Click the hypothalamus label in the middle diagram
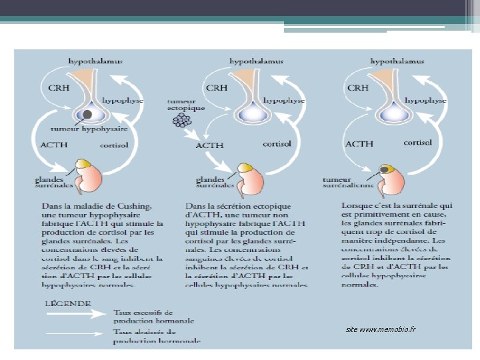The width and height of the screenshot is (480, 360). [256, 61]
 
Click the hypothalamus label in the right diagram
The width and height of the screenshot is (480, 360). [397, 61]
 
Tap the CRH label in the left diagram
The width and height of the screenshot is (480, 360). [59, 87]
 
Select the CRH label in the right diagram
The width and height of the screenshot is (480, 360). [357, 87]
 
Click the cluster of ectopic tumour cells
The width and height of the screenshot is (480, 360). [182, 121]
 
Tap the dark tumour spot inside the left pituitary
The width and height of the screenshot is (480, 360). [87, 115]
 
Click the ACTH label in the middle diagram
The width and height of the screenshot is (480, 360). [209, 145]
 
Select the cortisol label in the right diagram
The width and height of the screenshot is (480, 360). [417, 143]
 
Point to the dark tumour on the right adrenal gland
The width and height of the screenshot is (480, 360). [385, 169]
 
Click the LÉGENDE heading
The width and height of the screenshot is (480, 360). [67, 303]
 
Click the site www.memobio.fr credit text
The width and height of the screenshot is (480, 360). [381, 330]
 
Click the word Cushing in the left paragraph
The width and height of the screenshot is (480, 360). [133, 205]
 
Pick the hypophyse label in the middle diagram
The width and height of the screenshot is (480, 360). [283, 100]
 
